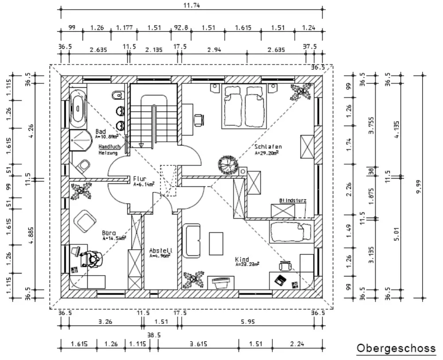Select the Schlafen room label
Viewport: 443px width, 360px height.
pos(268,147)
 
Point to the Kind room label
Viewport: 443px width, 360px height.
pos(242,259)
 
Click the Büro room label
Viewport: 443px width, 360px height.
pos(109,232)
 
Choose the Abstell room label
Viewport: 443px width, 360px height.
pos(160,250)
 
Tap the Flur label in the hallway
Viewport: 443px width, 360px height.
pos(140,179)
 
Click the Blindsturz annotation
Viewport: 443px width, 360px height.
pos(292,200)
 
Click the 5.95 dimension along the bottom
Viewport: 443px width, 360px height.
pos(248,322)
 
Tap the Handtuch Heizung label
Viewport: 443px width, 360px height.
pos(108,149)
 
